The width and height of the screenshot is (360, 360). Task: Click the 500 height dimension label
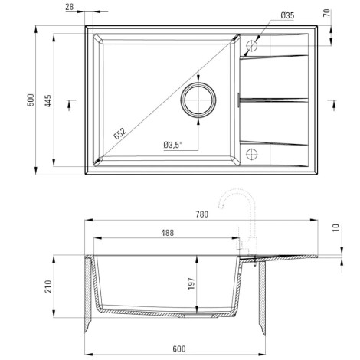pyautogui.click(x=31, y=100)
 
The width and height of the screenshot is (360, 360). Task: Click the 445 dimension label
pyautogui.click(x=48, y=100)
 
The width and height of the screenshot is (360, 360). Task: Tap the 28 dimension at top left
pyautogui.click(x=70, y=7)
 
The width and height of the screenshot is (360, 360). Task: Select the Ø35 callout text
pyautogui.click(x=287, y=15)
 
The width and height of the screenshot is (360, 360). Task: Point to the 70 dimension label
pyautogui.click(x=327, y=13)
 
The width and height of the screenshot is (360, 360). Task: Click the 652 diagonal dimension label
pyautogui.click(x=120, y=133)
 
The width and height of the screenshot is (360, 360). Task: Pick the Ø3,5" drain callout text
pyautogui.click(x=173, y=145)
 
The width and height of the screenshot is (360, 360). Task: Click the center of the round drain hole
pyautogui.click(x=198, y=100)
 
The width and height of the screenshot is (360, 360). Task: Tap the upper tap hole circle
pyautogui.click(x=252, y=46)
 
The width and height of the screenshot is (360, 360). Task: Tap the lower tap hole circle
pyautogui.click(x=252, y=154)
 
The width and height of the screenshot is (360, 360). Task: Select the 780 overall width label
pyautogui.click(x=202, y=214)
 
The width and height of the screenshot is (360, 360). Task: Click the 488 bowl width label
pyautogui.click(x=168, y=233)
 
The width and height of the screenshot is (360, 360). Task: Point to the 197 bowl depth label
pyautogui.click(x=191, y=283)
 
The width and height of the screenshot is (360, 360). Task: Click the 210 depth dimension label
pyautogui.click(x=48, y=286)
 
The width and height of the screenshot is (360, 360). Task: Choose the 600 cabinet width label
pyautogui.click(x=179, y=349)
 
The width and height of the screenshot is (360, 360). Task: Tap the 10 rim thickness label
pyautogui.click(x=336, y=227)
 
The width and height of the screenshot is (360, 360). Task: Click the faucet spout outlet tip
pyautogui.click(x=221, y=206)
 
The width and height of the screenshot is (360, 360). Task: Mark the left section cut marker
pyautogui.click(x=71, y=104)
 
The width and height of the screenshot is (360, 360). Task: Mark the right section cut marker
pyautogui.click(x=332, y=104)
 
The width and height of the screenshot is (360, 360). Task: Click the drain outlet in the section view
pyautogui.click(x=198, y=316)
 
